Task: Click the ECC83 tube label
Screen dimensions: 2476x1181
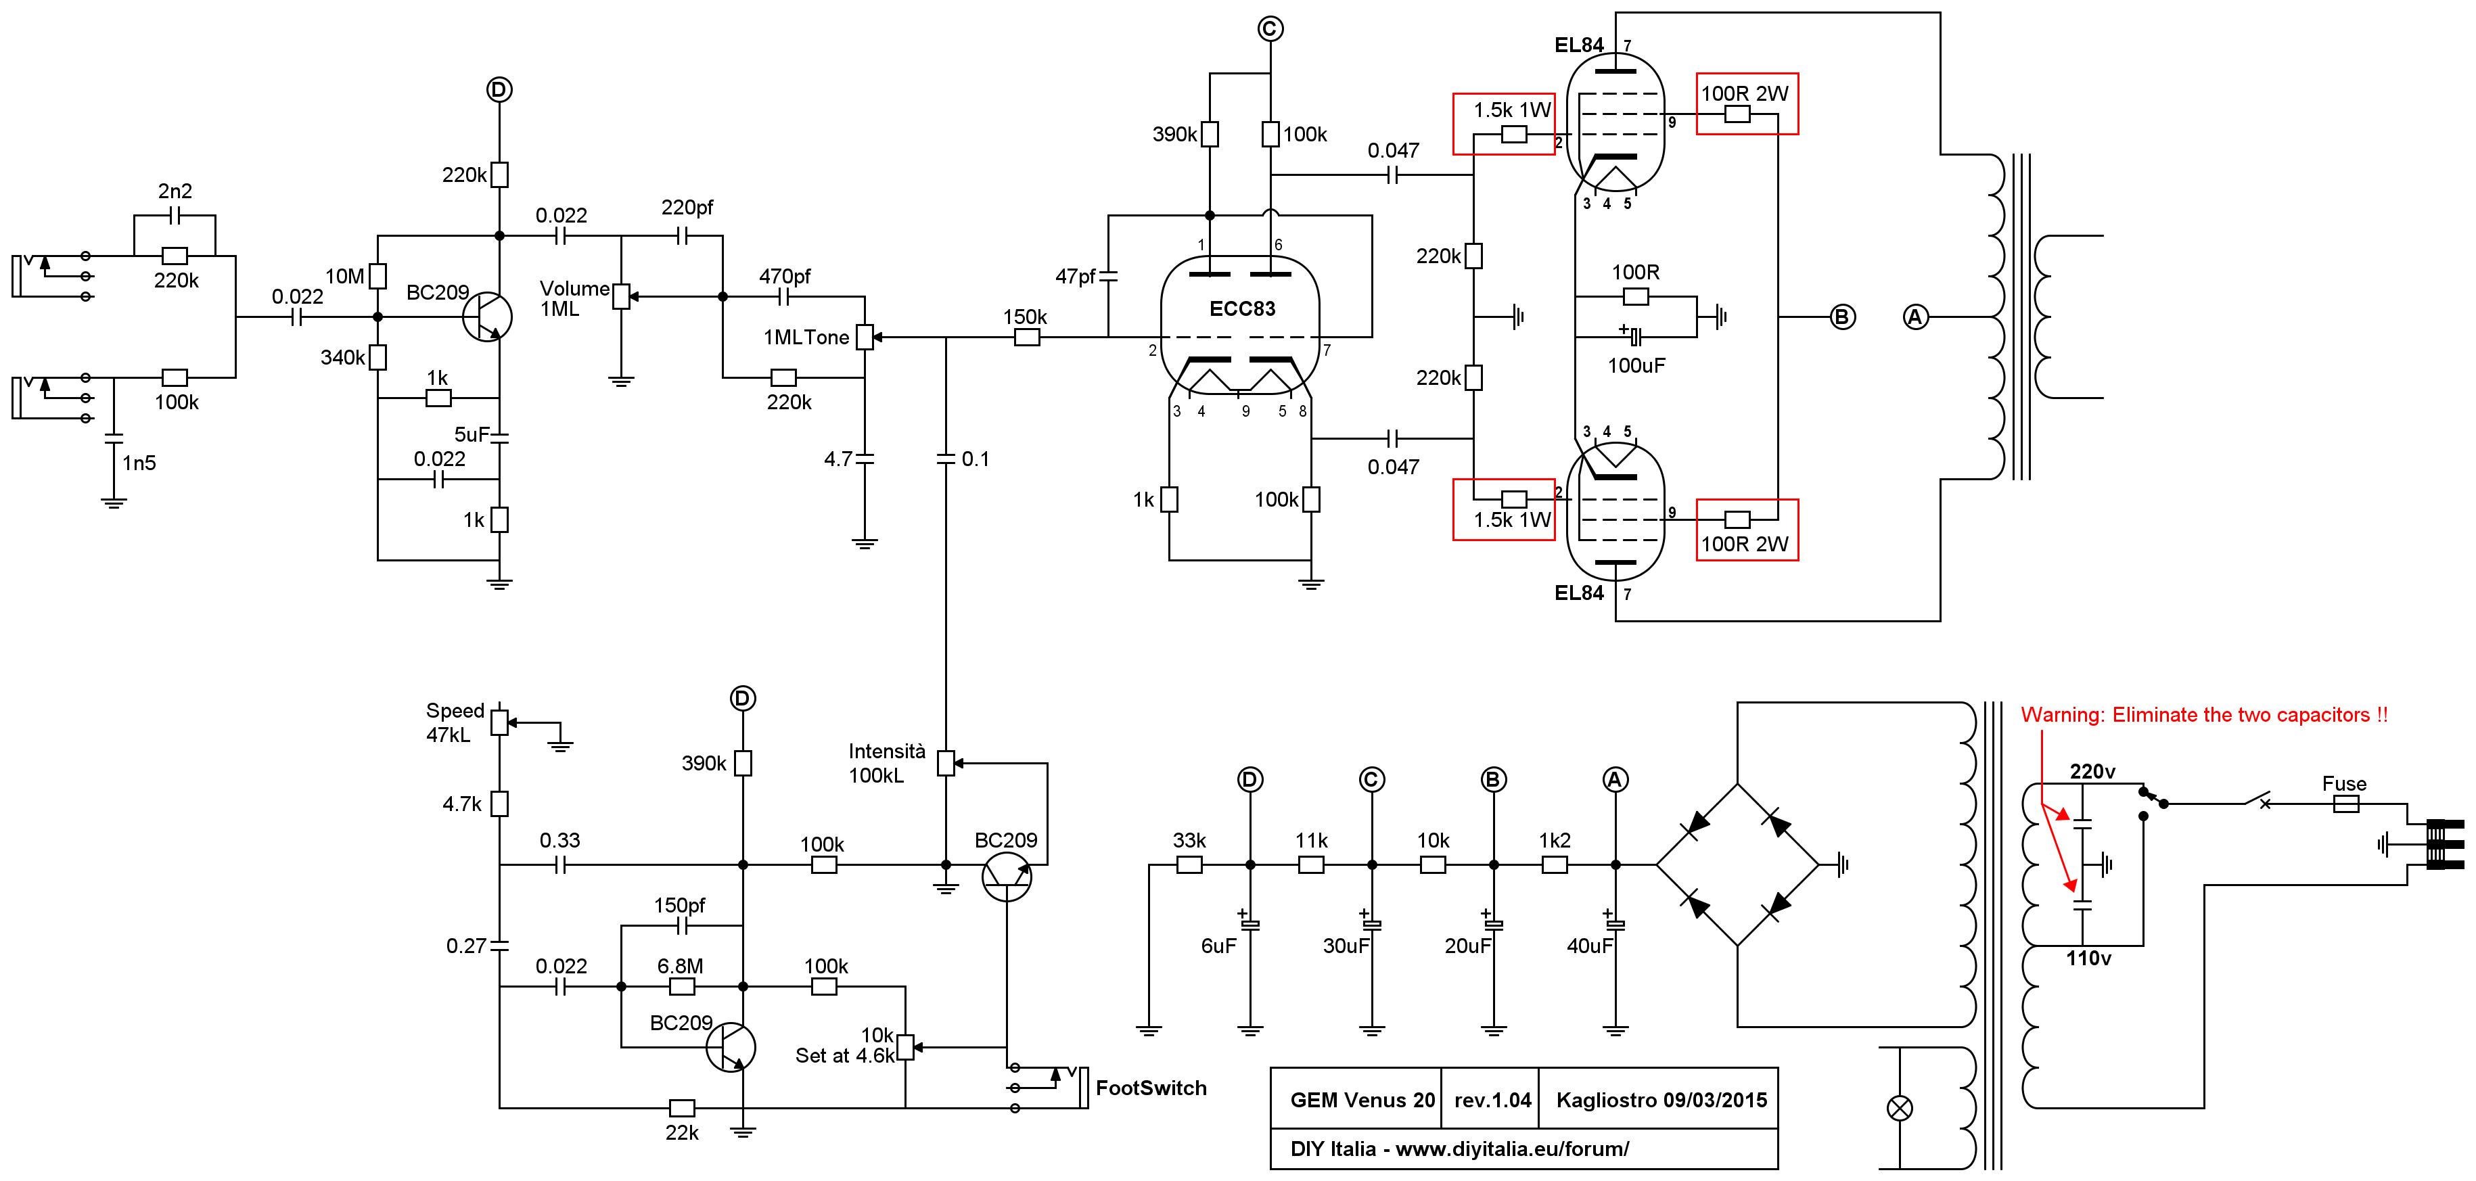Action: tap(1242, 308)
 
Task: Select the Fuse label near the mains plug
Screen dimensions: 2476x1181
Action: tap(2344, 783)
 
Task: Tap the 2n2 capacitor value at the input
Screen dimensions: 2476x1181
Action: tap(175, 191)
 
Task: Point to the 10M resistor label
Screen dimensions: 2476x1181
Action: tap(344, 277)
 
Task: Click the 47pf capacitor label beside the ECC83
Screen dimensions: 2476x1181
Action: tap(1076, 277)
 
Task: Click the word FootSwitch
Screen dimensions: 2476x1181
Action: tap(1151, 1088)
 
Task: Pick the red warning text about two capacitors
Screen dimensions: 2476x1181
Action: tap(2204, 715)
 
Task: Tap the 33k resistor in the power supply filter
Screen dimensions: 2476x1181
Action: tap(1189, 865)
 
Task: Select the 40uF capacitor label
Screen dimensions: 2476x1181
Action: tap(1590, 946)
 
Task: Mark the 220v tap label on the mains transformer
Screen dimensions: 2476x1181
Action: tap(2092, 772)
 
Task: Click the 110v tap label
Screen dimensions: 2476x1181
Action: tap(2088, 958)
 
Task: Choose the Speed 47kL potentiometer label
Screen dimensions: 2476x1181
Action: tap(454, 722)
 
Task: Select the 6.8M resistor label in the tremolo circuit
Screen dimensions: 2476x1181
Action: tap(681, 966)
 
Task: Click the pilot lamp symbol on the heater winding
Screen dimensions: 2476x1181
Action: tap(1900, 1108)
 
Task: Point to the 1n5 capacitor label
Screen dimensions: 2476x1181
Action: tap(139, 463)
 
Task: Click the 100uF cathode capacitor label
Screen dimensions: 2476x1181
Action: tap(1636, 365)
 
